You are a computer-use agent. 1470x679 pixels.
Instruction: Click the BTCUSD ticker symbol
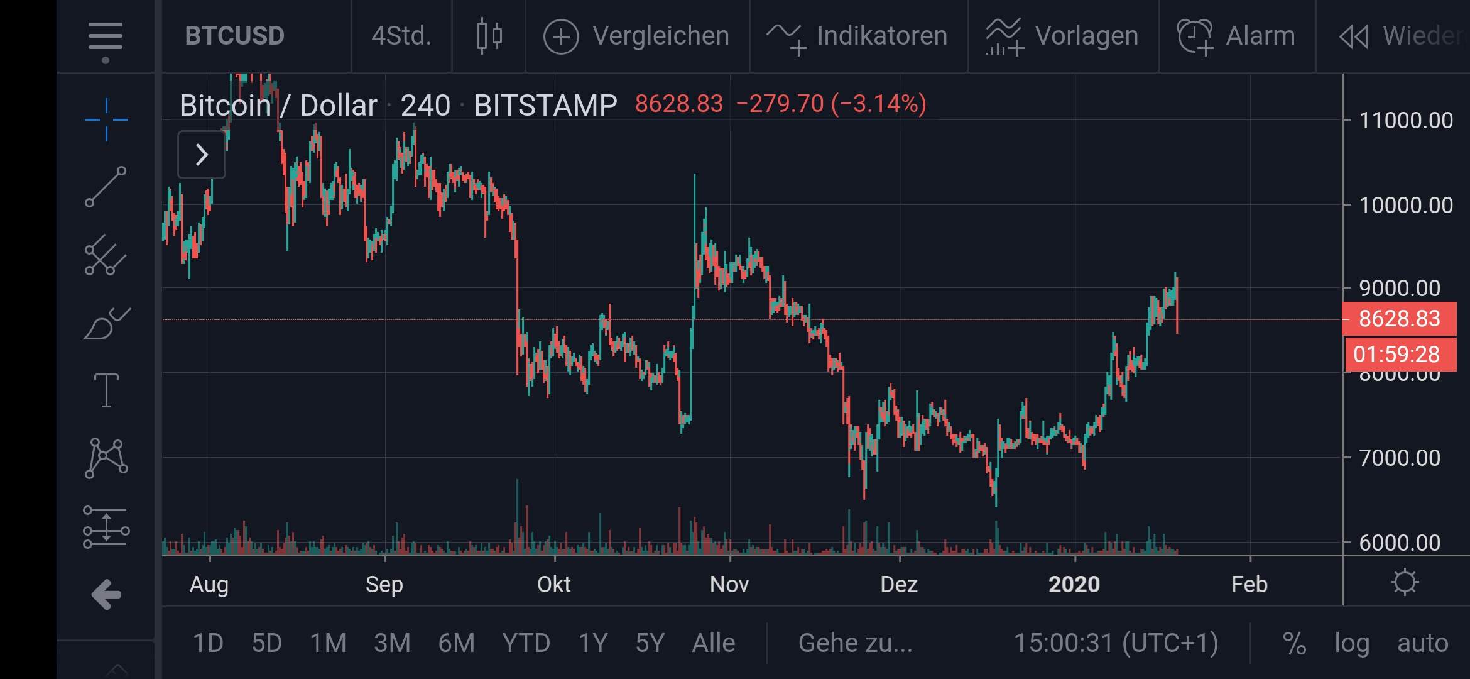[234, 36]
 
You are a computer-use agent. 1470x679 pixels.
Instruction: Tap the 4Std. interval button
[401, 36]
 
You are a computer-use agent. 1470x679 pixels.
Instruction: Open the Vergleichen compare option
[636, 36]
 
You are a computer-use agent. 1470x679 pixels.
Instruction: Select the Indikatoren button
[857, 36]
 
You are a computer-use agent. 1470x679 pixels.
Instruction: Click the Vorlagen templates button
[1062, 36]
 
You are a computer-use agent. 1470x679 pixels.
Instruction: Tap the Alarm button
[1236, 36]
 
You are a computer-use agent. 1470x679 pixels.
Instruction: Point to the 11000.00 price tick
[1405, 120]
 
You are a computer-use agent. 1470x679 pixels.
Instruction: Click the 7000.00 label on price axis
[1399, 458]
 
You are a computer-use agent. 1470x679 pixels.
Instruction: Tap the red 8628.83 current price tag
[1399, 319]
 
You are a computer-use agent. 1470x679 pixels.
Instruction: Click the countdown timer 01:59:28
[1396, 355]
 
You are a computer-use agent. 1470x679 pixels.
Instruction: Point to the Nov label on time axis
[729, 585]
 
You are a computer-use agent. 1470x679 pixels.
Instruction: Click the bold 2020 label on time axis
[1074, 585]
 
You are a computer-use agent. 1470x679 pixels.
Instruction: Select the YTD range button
[526, 643]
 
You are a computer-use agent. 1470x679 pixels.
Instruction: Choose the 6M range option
[456, 643]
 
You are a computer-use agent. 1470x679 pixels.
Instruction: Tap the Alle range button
[713, 643]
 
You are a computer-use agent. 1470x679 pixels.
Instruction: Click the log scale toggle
[1352, 643]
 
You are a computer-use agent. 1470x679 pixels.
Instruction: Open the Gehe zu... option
[855, 643]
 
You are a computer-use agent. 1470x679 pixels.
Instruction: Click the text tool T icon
[106, 390]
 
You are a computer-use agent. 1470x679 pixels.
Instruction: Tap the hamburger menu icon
[106, 36]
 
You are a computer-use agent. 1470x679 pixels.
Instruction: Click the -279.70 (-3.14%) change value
[830, 104]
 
